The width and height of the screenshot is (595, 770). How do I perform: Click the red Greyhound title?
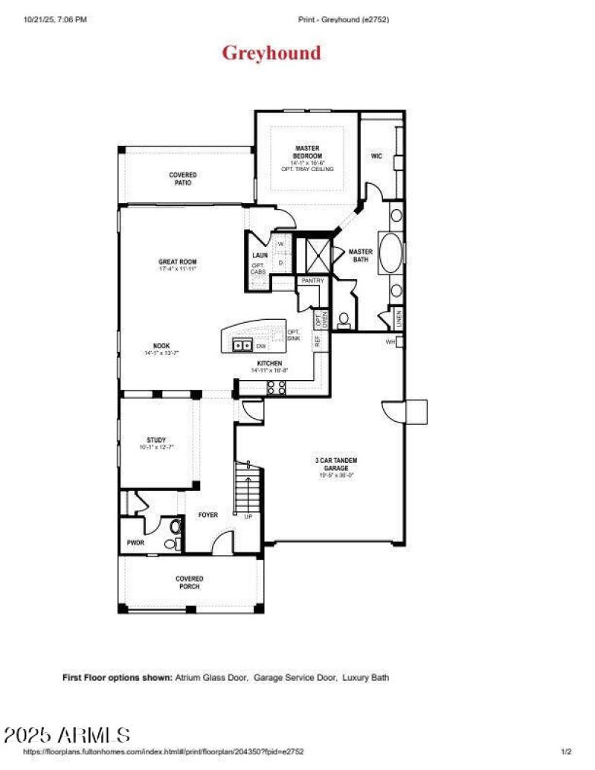tap(271, 54)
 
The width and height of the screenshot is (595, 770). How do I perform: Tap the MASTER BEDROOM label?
tap(307, 152)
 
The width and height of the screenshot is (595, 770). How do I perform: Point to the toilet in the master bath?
tap(344, 321)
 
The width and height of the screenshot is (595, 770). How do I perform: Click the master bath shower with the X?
tap(312, 254)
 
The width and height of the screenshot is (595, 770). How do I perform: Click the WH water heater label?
tap(390, 342)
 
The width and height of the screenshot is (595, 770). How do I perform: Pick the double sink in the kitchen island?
tap(242, 345)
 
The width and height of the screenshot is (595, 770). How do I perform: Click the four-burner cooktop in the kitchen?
tap(276, 387)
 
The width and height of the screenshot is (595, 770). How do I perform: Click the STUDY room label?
tap(156, 440)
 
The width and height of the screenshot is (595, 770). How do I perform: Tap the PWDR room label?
tap(135, 543)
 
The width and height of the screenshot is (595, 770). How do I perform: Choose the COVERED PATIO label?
tap(182, 179)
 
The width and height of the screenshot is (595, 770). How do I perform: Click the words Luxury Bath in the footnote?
tap(366, 678)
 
